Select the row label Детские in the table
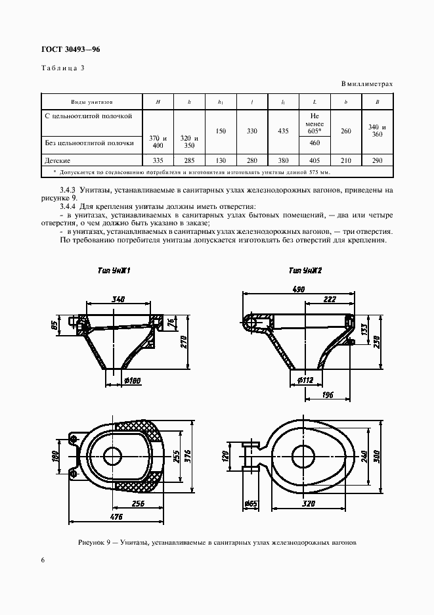(58, 160)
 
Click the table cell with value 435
(283, 131)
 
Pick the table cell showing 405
(314, 160)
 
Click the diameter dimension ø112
(303, 380)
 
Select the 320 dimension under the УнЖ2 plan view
(309, 504)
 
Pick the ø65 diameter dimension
(250, 504)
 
